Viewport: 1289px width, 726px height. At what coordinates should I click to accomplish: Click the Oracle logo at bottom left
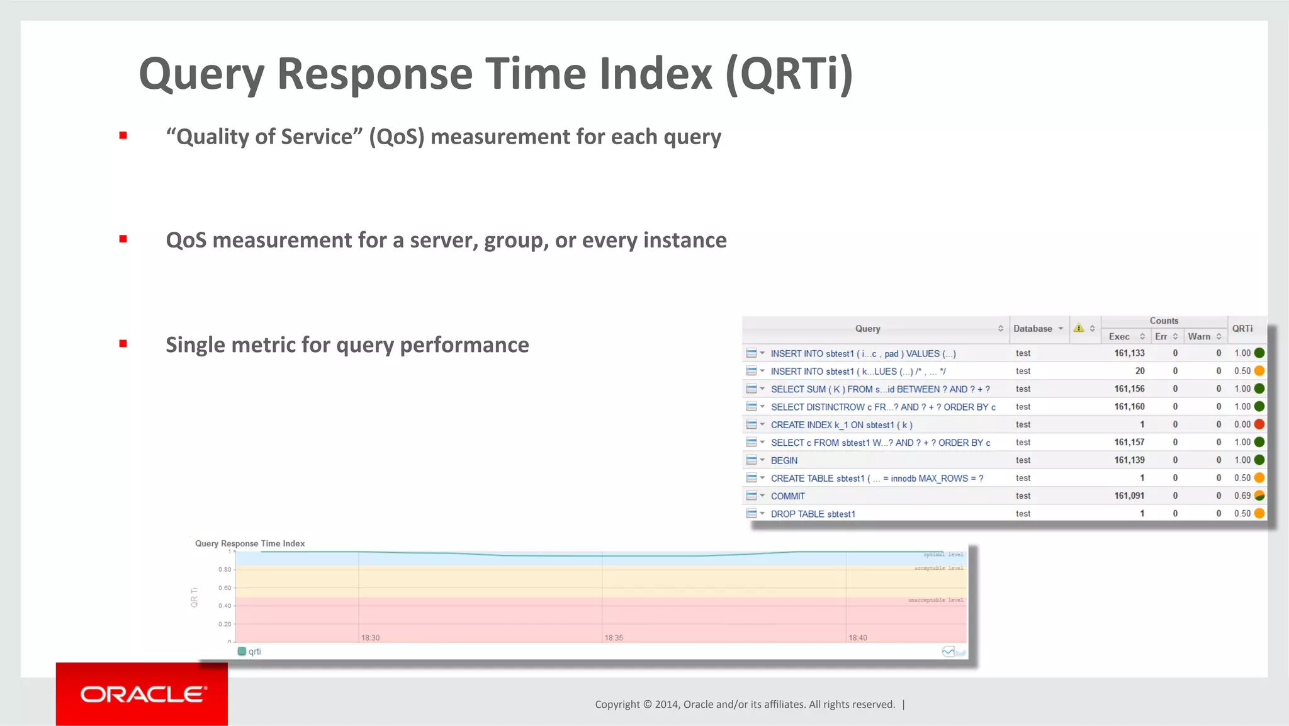142,694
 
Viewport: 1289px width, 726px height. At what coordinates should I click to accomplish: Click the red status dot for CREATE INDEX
1259,424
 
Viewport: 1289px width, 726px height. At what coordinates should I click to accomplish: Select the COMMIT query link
787,496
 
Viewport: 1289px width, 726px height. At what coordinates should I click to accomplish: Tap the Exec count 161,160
1129,407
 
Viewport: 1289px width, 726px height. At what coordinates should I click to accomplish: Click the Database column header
1033,329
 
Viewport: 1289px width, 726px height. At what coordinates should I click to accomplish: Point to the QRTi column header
1242,329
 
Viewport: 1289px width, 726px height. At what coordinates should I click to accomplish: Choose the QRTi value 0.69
1242,496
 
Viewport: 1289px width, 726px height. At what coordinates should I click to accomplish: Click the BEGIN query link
784,460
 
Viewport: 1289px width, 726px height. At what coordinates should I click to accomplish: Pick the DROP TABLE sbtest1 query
813,514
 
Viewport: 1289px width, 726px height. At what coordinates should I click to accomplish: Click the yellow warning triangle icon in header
1078,328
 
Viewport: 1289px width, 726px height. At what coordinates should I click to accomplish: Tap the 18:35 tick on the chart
614,638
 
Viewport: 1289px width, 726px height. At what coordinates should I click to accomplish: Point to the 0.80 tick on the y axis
225,570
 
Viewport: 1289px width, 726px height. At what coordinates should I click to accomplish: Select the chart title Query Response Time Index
250,543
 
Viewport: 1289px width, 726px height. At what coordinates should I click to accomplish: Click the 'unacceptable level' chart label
935,600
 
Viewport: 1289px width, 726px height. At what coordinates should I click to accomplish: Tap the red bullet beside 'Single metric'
123,344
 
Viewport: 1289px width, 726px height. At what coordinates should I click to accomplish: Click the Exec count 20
1139,371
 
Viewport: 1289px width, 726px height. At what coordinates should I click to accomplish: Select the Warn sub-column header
1199,337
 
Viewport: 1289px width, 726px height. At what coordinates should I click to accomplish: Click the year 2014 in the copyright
667,704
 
